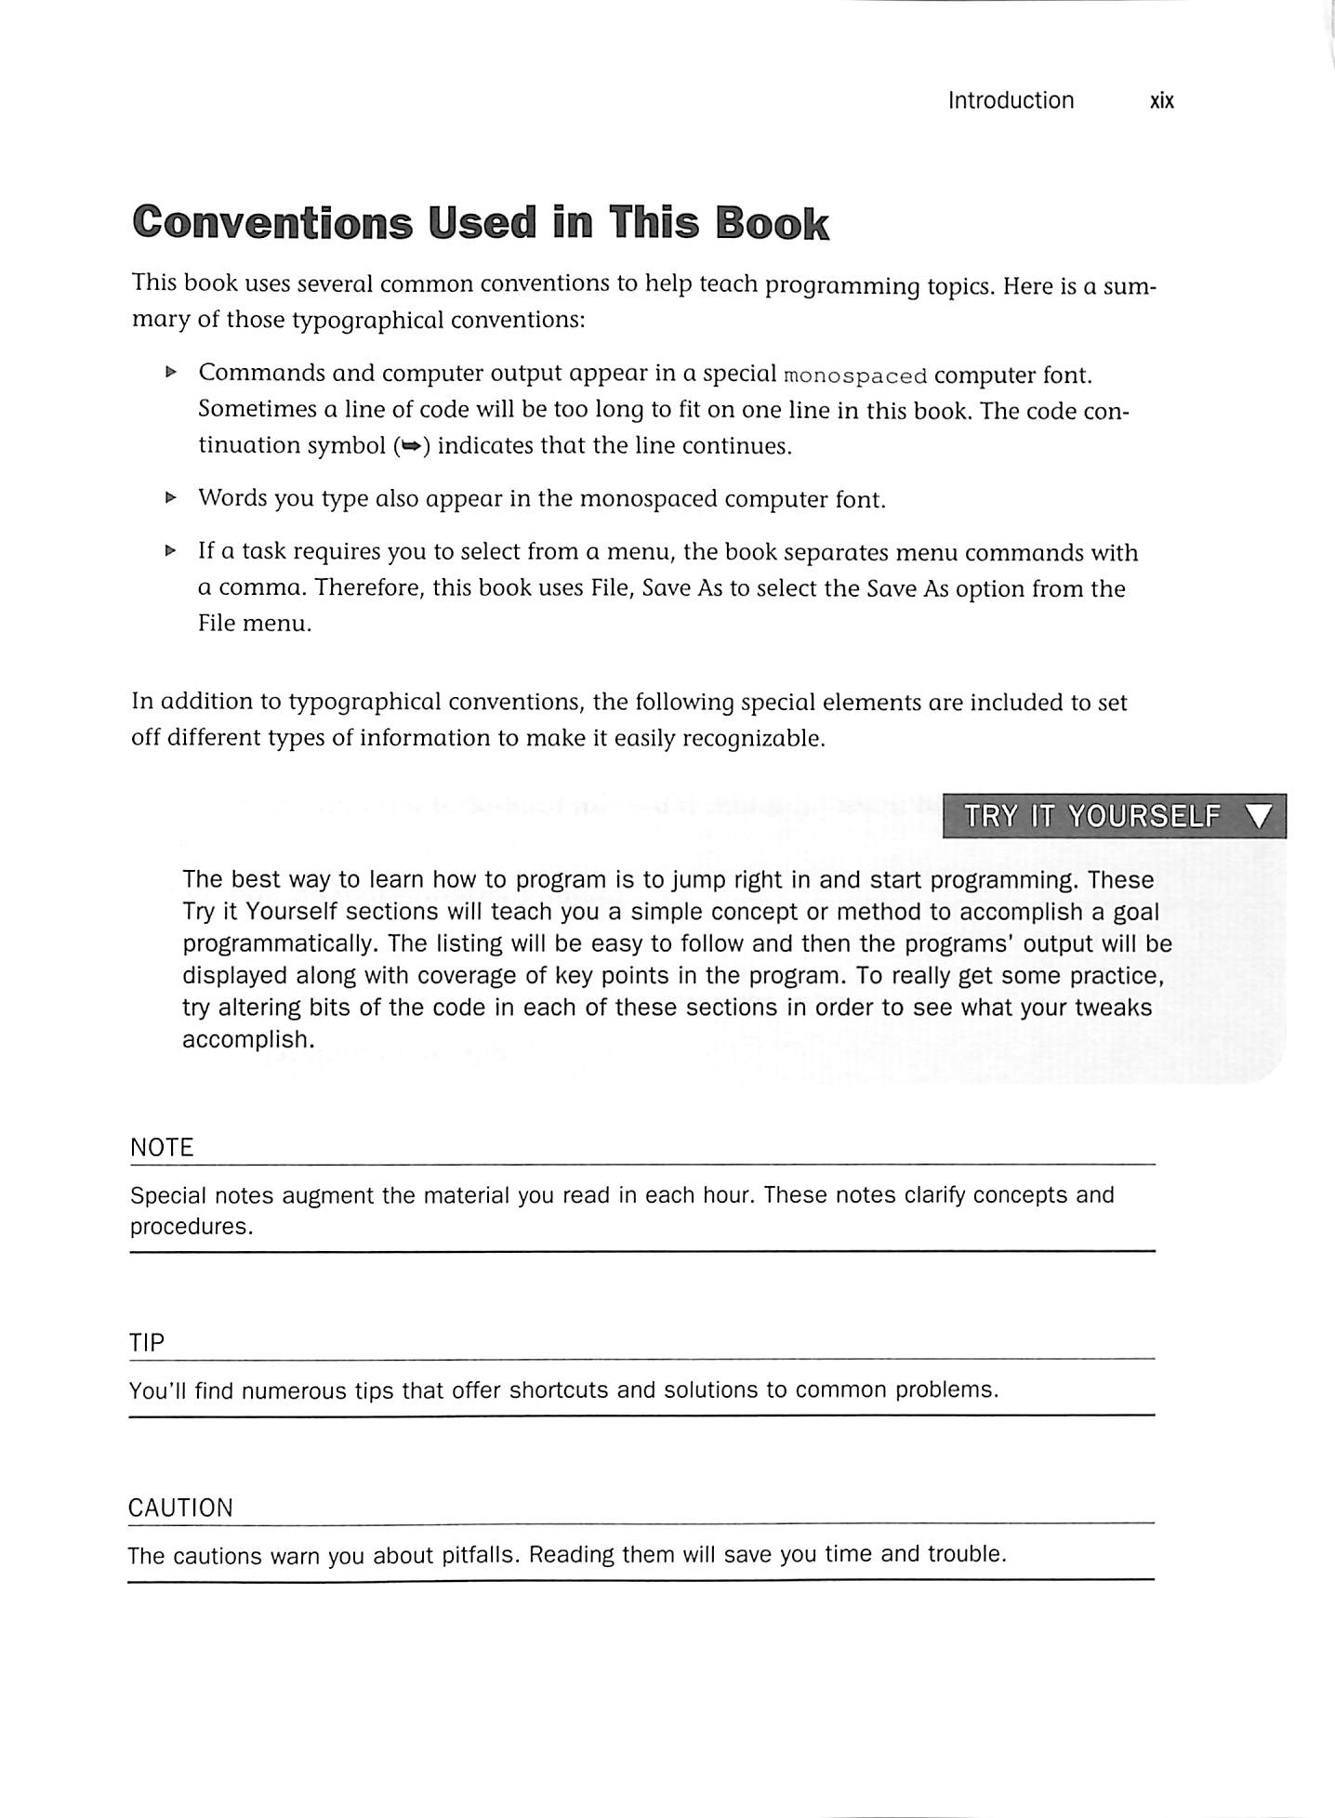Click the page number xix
click(x=1161, y=100)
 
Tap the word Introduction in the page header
click(x=1011, y=100)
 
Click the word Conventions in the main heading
click(x=272, y=224)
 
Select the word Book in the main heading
click(x=772, y=224)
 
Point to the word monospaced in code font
click(x=855, y=376)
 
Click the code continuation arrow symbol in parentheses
click(x=410, y=447)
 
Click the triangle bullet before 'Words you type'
click(x=170, y=498)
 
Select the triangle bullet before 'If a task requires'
click(x=170, y=551)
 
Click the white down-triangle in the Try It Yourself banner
click(x=1260, y=817)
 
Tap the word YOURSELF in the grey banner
click(x=1143, y=817)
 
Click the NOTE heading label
click(x=162, y=1148)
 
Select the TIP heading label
click(x=146, y=1343)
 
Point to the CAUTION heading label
click(x=180, y=1508)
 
